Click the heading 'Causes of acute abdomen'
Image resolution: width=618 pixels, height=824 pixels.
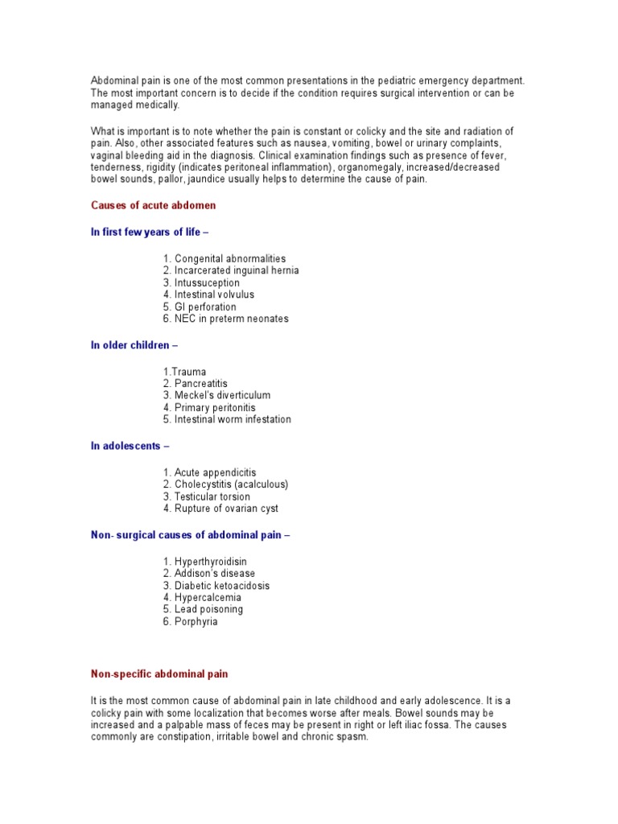click(153, 205)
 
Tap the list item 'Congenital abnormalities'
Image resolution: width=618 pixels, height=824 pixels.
click(225, 258)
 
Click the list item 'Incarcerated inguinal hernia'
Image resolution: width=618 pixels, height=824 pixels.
click(231, 270)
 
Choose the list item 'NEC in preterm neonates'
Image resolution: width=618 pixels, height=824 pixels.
click(225, 319)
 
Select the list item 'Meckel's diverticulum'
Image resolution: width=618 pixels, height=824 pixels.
click(216, 395)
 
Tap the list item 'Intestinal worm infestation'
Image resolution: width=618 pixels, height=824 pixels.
click(227, 419)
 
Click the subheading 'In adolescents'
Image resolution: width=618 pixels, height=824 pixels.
click(130, 446)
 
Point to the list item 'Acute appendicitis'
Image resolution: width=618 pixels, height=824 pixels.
click(209, 472)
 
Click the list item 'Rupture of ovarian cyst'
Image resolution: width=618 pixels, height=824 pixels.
click(220, 509)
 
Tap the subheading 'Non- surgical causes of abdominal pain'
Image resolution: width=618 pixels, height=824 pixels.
click(189, 535)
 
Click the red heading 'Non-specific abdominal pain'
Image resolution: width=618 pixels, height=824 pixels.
click(159, 674)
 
